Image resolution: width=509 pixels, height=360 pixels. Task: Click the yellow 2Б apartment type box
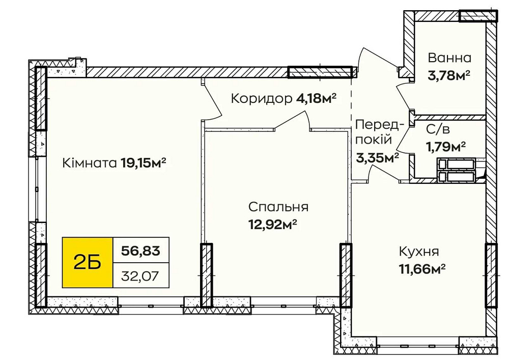pos(87,263)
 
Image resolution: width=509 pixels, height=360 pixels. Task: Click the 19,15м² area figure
pos(144,163)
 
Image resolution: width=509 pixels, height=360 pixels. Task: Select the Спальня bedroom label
pos(278,207)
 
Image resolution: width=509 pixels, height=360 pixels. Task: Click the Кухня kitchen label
pos(419,252)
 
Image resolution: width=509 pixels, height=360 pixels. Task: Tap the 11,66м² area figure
pos(422,268)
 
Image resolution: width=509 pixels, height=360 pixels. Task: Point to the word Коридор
pos(261,98)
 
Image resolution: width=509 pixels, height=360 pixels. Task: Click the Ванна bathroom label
pos(449,58)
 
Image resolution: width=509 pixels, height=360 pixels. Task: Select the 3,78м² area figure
pos(448,75)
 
